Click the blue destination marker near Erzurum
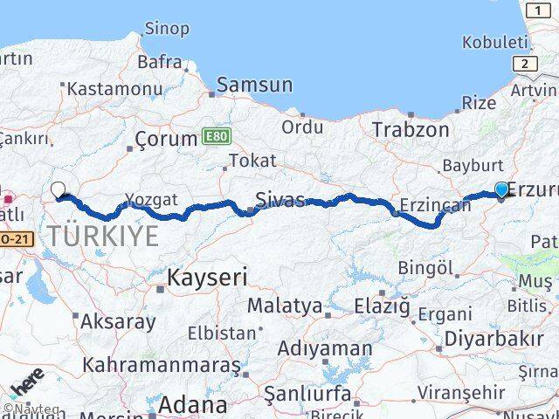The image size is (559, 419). (501, 190)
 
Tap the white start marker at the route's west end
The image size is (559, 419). (59, 189)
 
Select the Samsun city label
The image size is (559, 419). (254, 85)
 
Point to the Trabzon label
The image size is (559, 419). (411, 129)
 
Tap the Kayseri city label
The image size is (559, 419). (207, 278)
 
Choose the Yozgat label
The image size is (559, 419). (151, 200)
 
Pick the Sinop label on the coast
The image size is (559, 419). (166, 29)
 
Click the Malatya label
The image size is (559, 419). (284, 306)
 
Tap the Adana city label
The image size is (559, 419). (193, 405)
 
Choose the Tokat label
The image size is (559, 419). (252, 161)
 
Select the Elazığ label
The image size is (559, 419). (382, 306)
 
